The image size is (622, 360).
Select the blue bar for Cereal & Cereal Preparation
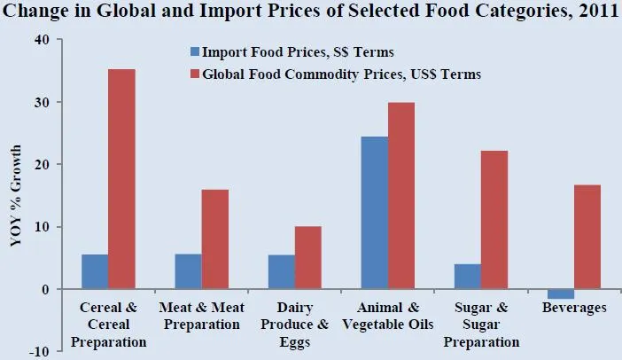pyautogui.click(x=95, y=272)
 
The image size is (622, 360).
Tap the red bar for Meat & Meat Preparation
pyautogui.click(x=214, y=239)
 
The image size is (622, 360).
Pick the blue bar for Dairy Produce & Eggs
pyautogui.click(x=281, y=272)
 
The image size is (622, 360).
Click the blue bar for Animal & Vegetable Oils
pyautogui.click(x=374, y=213)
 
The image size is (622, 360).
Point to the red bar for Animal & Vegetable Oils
pyautogui.click(x=400, y=196)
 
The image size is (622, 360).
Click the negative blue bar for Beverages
pyautogui.click(x=560, y=293)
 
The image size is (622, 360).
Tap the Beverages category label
pyautogui.click(x=573, y=308)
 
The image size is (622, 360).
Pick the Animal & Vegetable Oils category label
pyautogui.click(x=387, y=316)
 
